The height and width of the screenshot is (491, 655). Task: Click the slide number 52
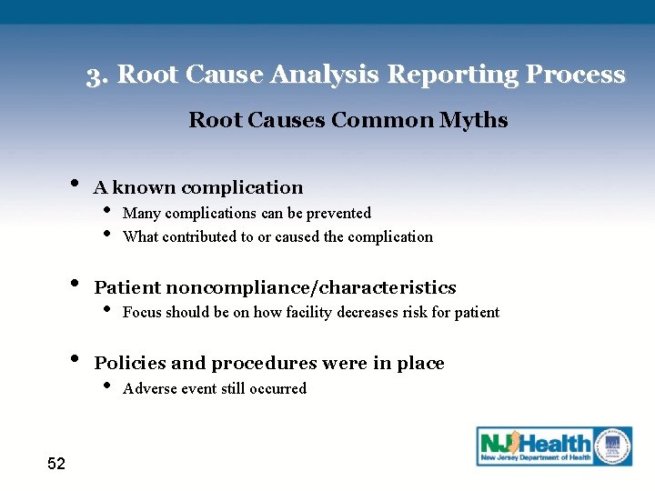[56, 465]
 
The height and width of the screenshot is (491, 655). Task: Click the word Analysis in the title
[328, 75]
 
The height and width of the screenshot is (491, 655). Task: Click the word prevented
[338, 213]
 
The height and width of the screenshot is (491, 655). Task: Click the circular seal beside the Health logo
[613, 445]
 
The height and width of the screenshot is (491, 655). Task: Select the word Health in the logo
[555, 445]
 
